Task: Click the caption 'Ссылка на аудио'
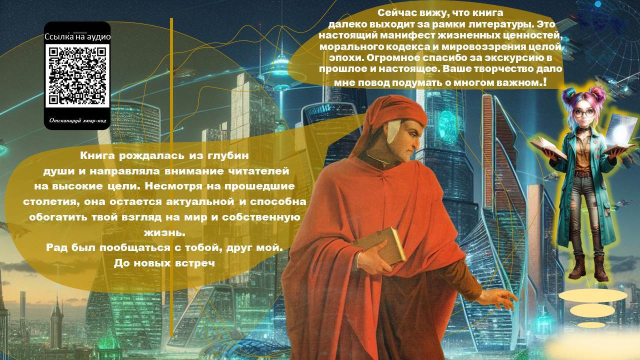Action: tap(77, 37)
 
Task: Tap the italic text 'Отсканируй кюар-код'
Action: tap(77, 120)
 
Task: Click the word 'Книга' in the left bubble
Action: tap(97, 156)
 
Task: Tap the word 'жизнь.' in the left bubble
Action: tap(164, 233)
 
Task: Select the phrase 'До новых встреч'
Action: tap(164, 263)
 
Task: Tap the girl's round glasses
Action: tap(584, 113)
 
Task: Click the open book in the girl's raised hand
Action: tap(548, 147)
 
